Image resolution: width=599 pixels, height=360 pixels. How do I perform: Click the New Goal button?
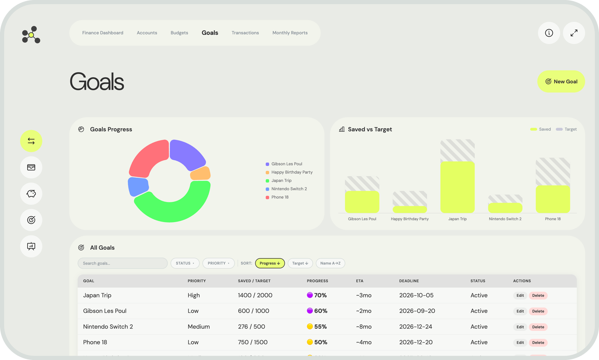point(561,82)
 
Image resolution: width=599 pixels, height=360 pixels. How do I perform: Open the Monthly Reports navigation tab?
point(290,33)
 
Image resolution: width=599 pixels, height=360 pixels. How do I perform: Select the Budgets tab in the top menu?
point(179,33)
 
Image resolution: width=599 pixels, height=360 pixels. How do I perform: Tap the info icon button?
point(549,33)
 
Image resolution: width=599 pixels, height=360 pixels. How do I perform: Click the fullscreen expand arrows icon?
point(574,33)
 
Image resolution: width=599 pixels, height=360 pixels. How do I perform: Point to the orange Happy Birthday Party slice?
point(201,174)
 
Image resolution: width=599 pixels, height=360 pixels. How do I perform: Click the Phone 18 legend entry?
point(280,197)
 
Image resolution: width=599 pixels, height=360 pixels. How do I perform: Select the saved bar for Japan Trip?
point(457,187)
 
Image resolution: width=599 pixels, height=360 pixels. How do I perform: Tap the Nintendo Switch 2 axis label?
point(505,219)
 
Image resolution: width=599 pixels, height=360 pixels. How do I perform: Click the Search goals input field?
point(122,263)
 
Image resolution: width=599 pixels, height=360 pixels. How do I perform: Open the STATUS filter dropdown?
point(185,263)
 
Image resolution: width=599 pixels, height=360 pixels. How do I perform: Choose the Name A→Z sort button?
point(330,263)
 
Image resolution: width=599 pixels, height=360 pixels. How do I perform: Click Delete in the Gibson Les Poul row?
point(538,311)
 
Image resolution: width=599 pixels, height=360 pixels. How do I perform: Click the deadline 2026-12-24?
point(416,326)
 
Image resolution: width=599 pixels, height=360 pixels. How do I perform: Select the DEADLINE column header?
point(409,281)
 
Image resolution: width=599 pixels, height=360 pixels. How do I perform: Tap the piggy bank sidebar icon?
point(31,194)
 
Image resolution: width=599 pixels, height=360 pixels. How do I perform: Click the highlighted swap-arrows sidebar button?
point(31,141)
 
